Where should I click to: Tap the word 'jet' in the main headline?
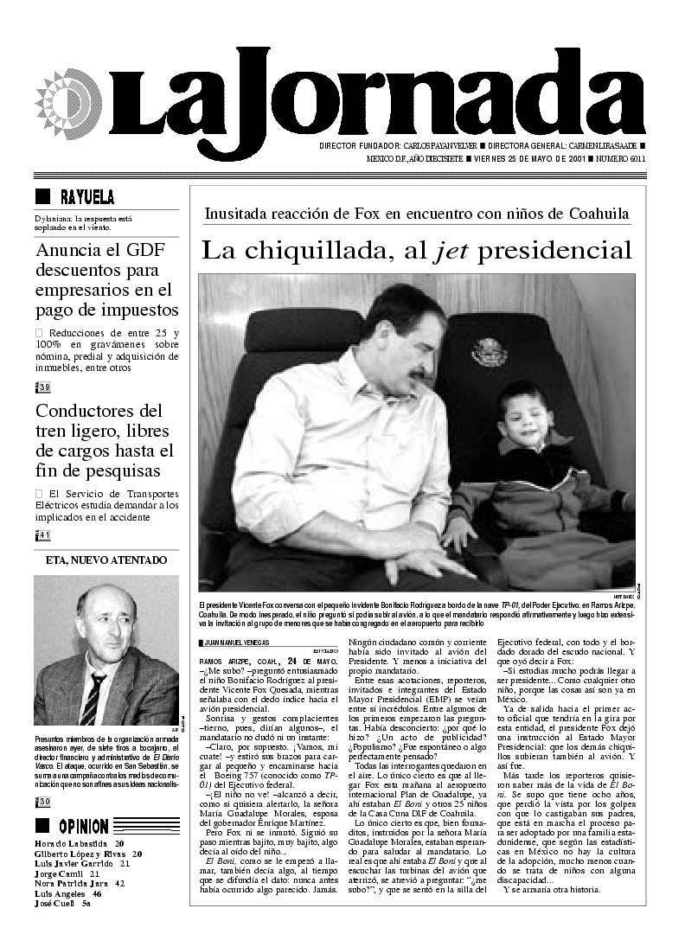click(x=451, y=251)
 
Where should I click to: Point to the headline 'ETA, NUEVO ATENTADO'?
click(x=106, y=560)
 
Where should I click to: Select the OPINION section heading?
click(x=84, y=826)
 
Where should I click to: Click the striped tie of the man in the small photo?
click(x=93, y=699)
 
